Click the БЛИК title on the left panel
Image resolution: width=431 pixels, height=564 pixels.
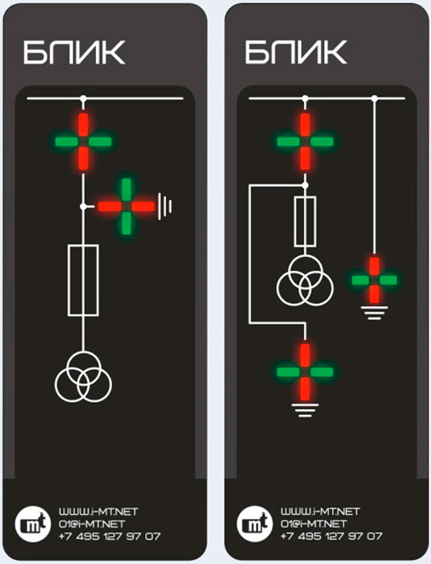[74, 53]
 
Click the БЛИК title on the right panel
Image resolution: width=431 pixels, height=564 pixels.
[295, 53]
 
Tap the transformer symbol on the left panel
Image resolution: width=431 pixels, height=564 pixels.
[83, 378]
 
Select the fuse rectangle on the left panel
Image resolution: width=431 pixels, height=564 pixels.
[83, 280]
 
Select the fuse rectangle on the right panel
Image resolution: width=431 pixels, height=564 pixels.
[305, 221]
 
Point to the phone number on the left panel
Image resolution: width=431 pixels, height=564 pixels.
[109, 536]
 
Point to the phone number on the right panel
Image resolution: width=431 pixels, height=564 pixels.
[331, 536]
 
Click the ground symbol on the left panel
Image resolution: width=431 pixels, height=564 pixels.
[166, 206]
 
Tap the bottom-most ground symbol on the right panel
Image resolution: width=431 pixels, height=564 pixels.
[305, 410]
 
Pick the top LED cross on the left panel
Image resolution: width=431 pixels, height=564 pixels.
[83, 141]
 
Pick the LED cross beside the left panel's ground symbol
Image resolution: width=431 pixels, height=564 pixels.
[126, 206]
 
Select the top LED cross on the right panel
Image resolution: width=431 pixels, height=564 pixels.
[305, 141]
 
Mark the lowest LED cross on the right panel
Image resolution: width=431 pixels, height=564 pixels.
[305, 371]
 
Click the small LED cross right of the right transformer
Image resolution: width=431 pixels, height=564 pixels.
[374, 280]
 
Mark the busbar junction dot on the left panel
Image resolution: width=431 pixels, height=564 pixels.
[83, 98]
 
